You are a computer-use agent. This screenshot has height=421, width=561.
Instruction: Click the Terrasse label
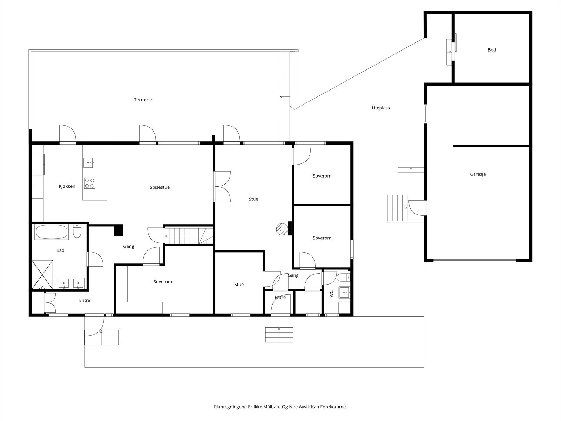pos(143,100)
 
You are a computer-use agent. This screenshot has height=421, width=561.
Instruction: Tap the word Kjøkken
pos(67,186)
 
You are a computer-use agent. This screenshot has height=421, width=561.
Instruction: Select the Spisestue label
pos(160,187)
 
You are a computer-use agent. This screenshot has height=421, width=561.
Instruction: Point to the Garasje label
pos(478,174)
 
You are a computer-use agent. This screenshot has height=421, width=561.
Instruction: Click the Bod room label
pos(492,50)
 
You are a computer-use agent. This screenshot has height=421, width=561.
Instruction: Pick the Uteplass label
pos(381,108)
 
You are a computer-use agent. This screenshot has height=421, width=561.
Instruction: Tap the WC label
pos(332,294)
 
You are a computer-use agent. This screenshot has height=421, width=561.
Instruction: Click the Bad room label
pos(60,250)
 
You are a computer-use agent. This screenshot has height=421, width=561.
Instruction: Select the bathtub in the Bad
pos(52,232)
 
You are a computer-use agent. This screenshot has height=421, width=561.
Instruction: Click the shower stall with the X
pos(42,275)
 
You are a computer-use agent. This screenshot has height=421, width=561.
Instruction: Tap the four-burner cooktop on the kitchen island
pos(90,183)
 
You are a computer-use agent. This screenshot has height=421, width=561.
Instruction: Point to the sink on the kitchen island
pos(88,162)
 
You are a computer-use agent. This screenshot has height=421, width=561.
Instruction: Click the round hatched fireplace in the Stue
pos(282,229)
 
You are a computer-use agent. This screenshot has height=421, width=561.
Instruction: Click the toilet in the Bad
pos(77,231)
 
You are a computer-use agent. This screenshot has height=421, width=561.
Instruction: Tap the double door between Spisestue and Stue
pos(222,187)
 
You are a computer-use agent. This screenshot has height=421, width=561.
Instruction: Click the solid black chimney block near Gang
pos(119,230)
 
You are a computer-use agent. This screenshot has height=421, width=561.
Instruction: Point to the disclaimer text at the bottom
pos(280,407)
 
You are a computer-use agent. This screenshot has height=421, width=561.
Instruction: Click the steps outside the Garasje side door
pos(397,208)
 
